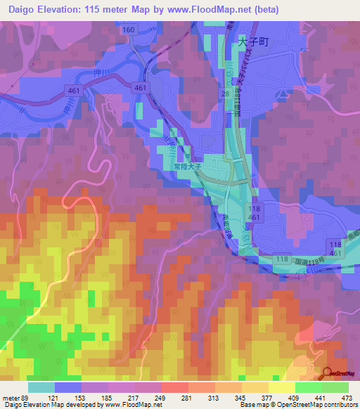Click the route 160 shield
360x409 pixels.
click(x=128, y=30)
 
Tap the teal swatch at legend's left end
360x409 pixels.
click(x=41, y=387)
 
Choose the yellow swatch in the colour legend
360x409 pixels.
click(x=281, y=387)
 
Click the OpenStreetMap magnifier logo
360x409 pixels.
click(x=328, y=373)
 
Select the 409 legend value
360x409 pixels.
click(x=296, y=397)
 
